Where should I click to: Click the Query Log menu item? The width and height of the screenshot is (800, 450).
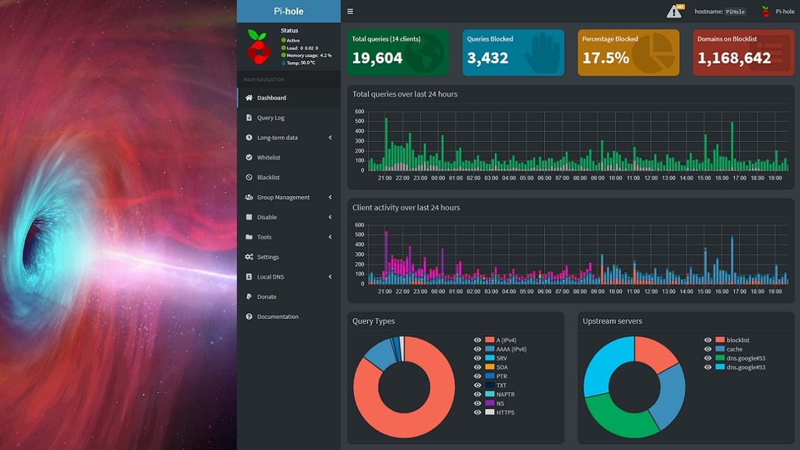click(x=271, y=117)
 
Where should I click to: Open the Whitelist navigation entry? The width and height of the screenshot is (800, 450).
click(x=269, y=157)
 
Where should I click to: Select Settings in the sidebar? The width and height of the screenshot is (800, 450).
click(x=267, y=257)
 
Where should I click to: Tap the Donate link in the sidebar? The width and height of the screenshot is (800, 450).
click(x=266, y=297)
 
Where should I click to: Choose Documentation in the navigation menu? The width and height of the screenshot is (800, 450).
click(x=277, y=317)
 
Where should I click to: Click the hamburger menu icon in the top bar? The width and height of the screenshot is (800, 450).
click(x=350, y=11)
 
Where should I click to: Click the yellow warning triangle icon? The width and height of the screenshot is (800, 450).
click(x=674, y=11)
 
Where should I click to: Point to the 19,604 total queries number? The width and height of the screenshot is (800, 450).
click(x=377, y=58)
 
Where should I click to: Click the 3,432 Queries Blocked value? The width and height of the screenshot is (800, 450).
click(x=487, y=58)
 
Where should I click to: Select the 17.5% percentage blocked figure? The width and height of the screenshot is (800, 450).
click(x=606, y=58)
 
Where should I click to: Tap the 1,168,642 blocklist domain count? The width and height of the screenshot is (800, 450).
click(x=734, y=58)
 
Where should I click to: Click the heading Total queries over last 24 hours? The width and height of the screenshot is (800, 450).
click(x=405, y=94)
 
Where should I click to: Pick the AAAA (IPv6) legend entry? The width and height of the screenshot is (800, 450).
click(x=511, y=349)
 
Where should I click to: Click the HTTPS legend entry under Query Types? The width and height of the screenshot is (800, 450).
click(x=506, y=412)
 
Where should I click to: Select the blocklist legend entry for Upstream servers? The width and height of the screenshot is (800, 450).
click(x=737, y=340)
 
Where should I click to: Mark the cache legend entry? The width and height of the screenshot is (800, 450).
click(x=734, y=349)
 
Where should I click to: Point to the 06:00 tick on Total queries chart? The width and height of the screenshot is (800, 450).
click(x=544, y=178)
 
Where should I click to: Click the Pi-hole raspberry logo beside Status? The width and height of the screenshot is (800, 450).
click(x=257, y=47)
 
